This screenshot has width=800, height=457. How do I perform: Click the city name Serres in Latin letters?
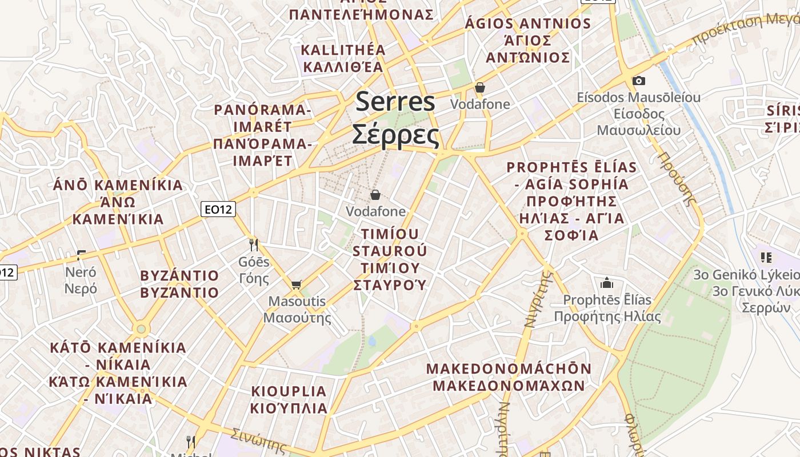(x=395, y=102)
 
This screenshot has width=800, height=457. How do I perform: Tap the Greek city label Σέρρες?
(x=395, y=135)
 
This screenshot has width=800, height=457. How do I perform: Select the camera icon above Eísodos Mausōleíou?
(x=638, y=81)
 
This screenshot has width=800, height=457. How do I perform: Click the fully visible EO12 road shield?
(x=219, y=209)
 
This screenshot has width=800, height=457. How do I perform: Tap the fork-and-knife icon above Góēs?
(x=254, y=245)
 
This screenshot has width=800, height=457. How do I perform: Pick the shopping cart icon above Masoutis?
(x=296, y=284)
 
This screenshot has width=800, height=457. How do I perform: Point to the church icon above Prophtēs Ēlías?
(x=606, y=283)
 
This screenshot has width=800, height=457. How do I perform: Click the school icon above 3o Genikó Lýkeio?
(x=766, y=258)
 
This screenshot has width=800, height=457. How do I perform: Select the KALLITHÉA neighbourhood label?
(x=343, y=50)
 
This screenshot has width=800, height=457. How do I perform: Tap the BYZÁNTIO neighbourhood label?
(x=179, y=276)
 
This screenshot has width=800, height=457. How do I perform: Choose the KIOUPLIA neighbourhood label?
(x=289, y=392)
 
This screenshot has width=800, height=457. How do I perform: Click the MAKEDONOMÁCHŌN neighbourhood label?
(x=509, y=368)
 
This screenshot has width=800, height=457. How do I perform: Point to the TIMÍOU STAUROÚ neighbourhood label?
(x=390, y=242)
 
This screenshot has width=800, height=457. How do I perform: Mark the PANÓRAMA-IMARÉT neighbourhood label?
(x=262, y=110)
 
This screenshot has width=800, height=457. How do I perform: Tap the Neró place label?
(x=81, y=272)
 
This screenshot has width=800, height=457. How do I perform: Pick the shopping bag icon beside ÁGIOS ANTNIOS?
(x=479, y=87)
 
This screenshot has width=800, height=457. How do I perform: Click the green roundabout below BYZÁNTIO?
(x=141, y=329)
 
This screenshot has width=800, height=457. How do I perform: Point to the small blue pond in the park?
(x=372, y=341)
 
